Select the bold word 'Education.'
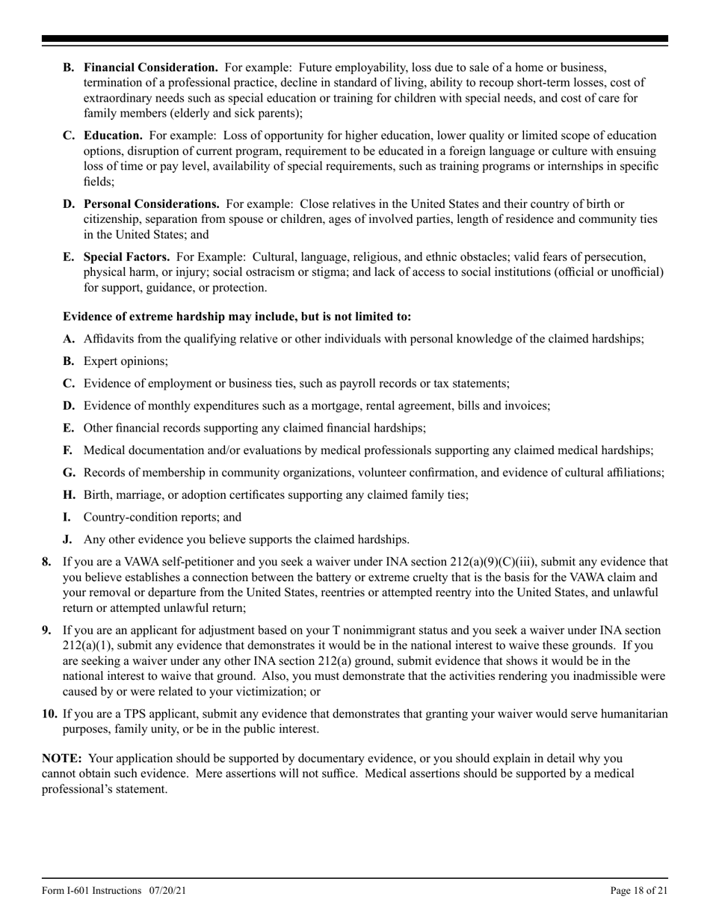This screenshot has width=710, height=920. pyautogui.click(x=113, y=135)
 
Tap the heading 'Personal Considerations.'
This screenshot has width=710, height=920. pyautogui.click(x=151, y=203)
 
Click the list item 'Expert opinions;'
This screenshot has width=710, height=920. pyautogui.click(x=126, y=361)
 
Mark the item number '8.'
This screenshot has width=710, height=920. pyautogui.click(x=47, y=562)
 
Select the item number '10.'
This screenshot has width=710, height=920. pyautogui.click(x=49, y=714)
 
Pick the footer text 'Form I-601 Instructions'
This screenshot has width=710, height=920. pyautogui.click(x=91, y=891)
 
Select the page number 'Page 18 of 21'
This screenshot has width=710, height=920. pyautogui.click(x=639, y=891)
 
